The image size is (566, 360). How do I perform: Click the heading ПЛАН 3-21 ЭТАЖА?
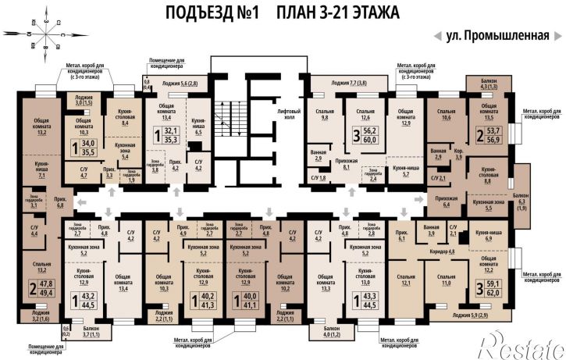point(338,13)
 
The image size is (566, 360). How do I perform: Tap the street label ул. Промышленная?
point(493,36)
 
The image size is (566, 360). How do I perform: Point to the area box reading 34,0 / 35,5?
point(83,148)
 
